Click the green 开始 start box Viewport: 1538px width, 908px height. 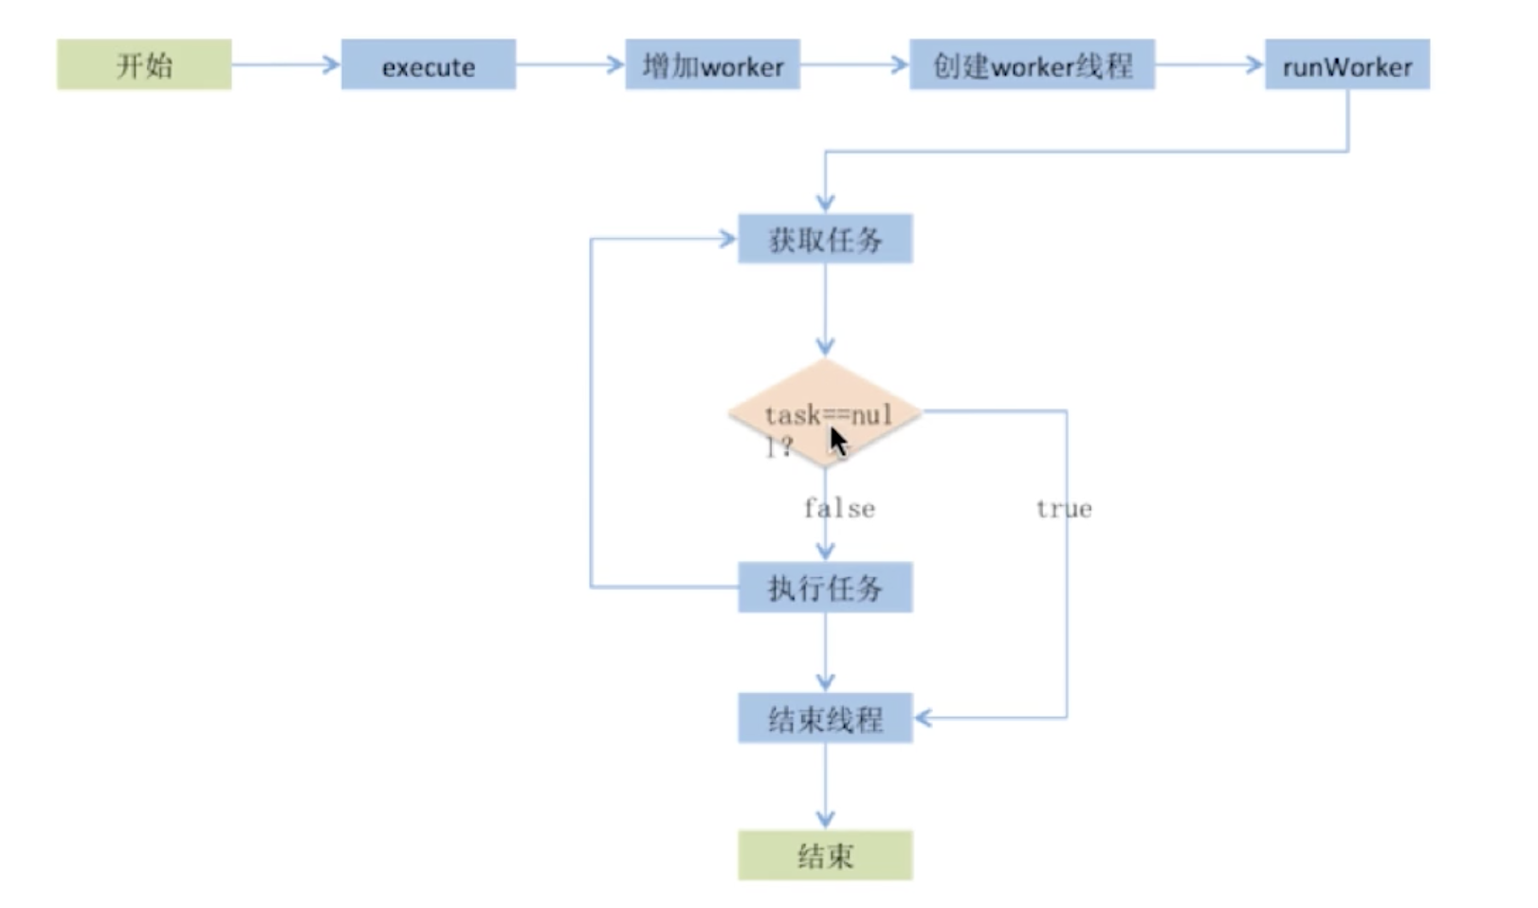point(144,64)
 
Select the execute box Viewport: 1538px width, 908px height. point(428,64)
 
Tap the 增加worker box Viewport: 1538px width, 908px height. point(712,64)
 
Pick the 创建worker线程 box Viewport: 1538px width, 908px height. point(1032,64)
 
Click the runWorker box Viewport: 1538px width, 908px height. point(1346,64)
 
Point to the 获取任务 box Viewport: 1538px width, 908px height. point(825,239)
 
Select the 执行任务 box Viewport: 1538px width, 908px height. point(825,588)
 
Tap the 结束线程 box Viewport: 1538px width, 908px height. point(825,718)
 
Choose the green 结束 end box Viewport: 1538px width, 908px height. point(825,856)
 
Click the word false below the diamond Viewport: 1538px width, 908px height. point(839,509)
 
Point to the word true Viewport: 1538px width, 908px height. point(1063,509)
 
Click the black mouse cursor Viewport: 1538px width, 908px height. point(838,443)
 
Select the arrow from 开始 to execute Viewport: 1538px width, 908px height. point(285,64)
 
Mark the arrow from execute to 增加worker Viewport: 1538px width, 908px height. point(570,64)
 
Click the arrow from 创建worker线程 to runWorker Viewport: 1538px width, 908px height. point(1210,64)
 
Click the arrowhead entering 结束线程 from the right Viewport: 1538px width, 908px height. point(923,718)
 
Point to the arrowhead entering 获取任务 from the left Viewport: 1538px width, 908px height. point(728,239)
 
